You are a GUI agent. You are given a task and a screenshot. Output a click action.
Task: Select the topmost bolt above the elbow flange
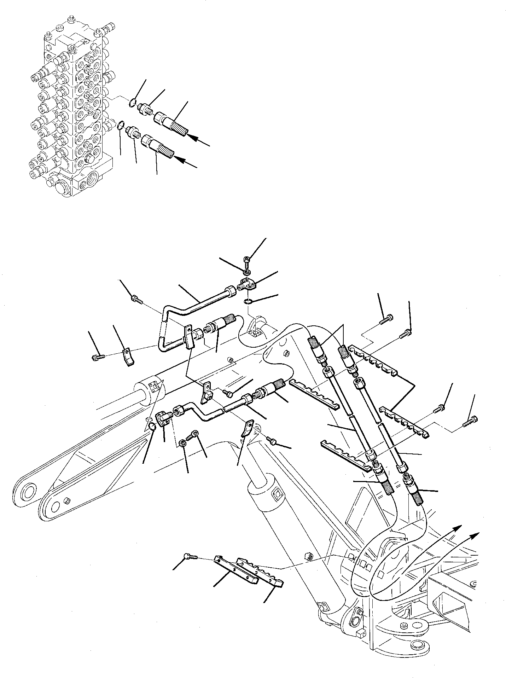(x=247, y=261)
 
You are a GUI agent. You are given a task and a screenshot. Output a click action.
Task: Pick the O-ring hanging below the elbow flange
(x=248, y=302)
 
